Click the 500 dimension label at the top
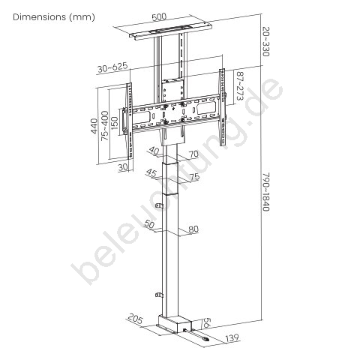[x=159, y=17]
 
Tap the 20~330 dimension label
[x=265, y=41]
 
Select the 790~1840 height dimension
[x=266, y=191]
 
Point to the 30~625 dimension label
[x=112, y=67]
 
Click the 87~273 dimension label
[x=240, y=86]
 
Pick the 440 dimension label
[x=94, y=126]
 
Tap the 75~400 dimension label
[x=105, y=125]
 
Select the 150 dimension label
[x=115, y=123]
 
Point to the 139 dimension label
[x=232, y=338]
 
